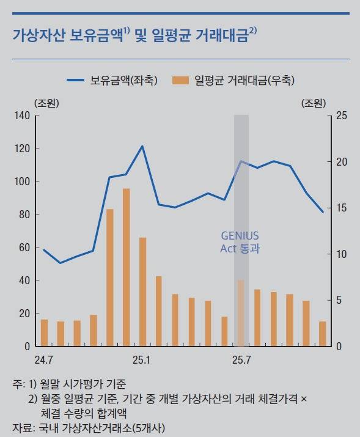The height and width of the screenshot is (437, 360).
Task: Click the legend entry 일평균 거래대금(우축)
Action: [238, 79]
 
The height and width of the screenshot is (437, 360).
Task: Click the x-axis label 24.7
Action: [44, 359]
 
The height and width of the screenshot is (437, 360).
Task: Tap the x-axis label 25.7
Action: [241, 359]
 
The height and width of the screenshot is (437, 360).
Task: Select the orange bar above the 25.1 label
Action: [142, 292]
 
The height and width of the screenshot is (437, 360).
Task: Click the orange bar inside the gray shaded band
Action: [241, 313]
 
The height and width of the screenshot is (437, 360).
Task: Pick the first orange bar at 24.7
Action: [44, 332]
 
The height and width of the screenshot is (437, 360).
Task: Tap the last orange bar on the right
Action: [323, 334]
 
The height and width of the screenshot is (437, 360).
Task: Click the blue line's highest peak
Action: [142, 146]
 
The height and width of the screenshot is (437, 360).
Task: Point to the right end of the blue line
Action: [323, 212]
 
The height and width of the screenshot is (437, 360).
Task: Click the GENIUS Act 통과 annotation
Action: [240, 242]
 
